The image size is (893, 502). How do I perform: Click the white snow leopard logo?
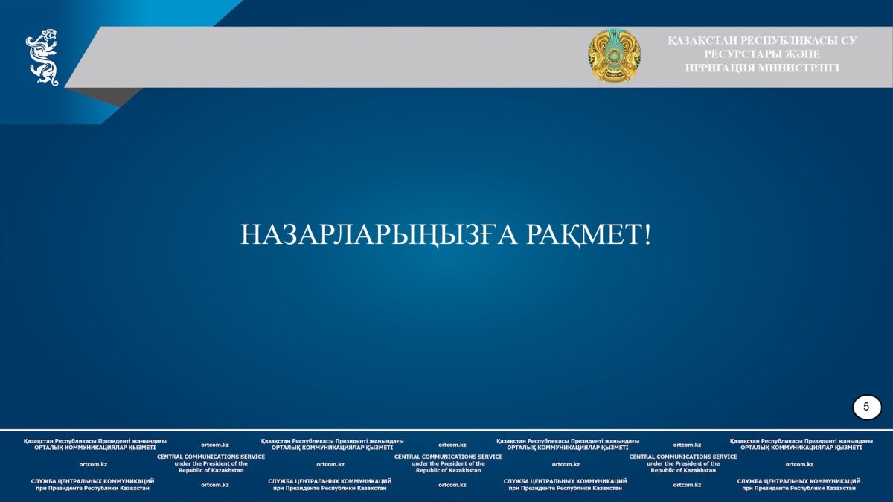tap(42, 57)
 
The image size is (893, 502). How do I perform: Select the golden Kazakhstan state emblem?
tap(615, 55)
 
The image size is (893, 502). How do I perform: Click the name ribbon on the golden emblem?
tap(615, 74)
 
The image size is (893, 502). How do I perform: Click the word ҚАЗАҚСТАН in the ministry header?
tap(702, 41)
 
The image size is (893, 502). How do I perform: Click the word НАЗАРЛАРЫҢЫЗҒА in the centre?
tap(379, 235)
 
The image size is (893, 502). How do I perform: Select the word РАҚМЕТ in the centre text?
tap(584, 235)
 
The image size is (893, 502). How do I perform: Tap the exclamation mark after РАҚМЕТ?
tap(647, 234)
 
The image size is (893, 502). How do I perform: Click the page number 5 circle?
tap(867, 408)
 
